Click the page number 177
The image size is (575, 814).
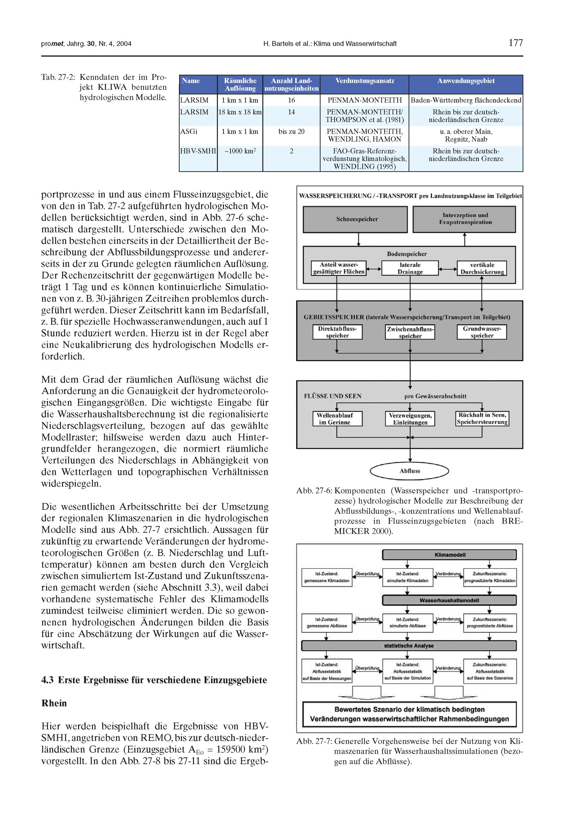click(x=515, y=43)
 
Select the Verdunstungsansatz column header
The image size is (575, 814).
click(x=364, y=81)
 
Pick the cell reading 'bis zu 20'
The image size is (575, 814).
click(x=292, y=132)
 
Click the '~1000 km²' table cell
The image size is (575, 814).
click(x=240, y=151)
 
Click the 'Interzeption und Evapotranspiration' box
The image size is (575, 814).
click(x=465, y=219)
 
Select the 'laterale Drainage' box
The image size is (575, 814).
click(x=410, y=268)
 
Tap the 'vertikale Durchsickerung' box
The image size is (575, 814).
click(x=482, y=268)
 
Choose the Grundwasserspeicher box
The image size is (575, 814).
click(x=482, y=332)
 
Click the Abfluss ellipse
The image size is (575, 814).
click(x=409, y=471)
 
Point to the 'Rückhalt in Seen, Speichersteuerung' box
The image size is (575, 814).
click(x=482, y=418)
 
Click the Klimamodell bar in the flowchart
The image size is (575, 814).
click(x=449, y=555)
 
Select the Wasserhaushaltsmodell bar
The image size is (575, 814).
click(x=449, y=600)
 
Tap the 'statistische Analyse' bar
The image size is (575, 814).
click(x=409, y=646)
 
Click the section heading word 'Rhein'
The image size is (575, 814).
click(x=54, y=703)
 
